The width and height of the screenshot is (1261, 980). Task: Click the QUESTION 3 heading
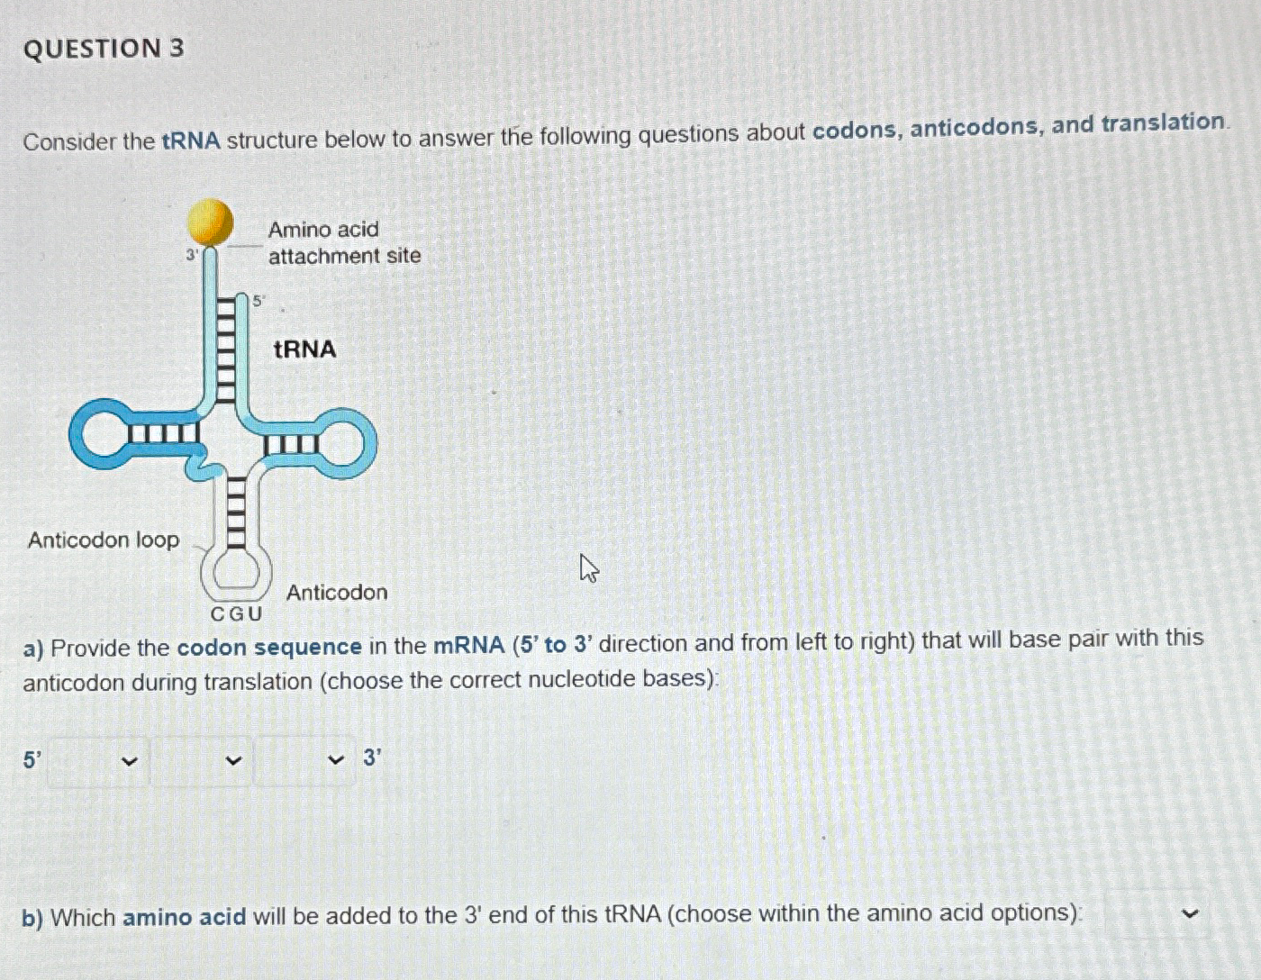click(104, 48)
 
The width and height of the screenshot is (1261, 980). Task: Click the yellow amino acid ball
click(209, 222)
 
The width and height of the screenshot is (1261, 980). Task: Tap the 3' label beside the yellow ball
click(192, 256)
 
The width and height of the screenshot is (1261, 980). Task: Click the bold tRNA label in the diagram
click(304, 349)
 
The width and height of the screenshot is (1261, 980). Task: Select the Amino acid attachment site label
click(343, 242)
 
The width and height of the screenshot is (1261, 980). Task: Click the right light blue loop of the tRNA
click(347, 443)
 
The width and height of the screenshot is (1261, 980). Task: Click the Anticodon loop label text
click(104, 540)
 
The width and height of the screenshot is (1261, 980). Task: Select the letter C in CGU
click(217, 614)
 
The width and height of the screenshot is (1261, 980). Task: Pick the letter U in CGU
click(255, 614)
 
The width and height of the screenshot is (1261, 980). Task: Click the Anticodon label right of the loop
click(336, 592)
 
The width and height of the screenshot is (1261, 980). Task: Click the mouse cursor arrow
click(588, 568)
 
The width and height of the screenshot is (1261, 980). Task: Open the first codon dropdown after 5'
click(98, 761)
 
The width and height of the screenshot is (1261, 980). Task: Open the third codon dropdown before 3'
click(304, 761)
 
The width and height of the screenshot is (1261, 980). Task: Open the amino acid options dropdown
click(1157, 914)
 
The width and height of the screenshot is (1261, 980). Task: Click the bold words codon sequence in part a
click(268, 647)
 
